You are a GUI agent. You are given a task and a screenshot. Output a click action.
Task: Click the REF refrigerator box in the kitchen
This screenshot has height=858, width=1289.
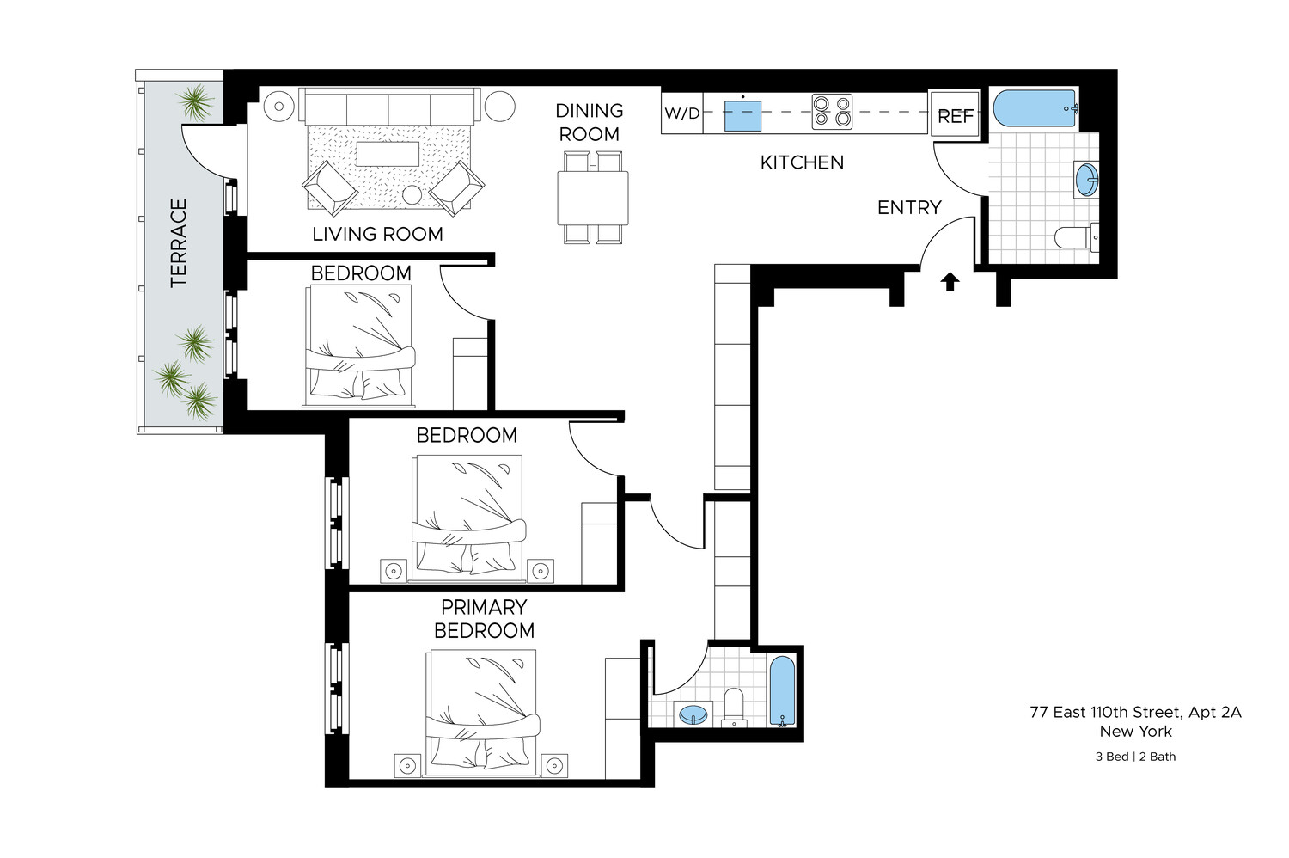955,114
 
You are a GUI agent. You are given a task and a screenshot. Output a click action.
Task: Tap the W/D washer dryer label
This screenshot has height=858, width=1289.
682,113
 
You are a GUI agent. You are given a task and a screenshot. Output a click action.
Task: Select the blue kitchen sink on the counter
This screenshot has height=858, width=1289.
742,115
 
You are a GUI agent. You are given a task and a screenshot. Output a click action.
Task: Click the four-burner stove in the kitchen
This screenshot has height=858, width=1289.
832,113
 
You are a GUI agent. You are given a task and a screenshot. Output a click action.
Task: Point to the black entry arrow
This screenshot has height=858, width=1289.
950,282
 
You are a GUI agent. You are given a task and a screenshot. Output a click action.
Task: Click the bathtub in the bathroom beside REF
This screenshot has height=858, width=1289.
1035,109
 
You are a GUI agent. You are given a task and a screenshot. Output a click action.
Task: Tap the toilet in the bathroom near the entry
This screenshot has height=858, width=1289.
1074,236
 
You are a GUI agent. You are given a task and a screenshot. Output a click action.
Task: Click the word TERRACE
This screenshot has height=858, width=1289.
179,243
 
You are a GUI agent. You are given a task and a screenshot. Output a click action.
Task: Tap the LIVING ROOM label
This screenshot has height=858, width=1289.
377,234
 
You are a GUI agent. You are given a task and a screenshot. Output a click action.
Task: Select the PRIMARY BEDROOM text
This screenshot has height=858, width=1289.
484,619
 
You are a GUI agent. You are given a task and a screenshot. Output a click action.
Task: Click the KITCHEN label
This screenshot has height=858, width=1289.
802,162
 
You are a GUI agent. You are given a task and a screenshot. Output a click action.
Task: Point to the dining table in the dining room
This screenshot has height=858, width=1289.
593,198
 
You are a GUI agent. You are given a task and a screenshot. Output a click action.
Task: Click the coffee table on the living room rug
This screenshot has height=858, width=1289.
388,154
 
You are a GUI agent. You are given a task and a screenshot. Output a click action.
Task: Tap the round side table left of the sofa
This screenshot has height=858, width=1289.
278,107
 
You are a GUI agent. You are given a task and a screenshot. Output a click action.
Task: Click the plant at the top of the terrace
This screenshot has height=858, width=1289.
196,102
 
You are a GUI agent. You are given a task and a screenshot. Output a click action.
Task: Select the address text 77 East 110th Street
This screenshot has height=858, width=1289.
1135,712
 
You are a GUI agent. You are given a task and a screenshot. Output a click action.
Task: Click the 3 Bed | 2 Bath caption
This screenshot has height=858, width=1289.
1135,757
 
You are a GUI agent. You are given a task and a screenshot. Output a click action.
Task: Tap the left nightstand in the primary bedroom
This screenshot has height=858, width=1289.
407,765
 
